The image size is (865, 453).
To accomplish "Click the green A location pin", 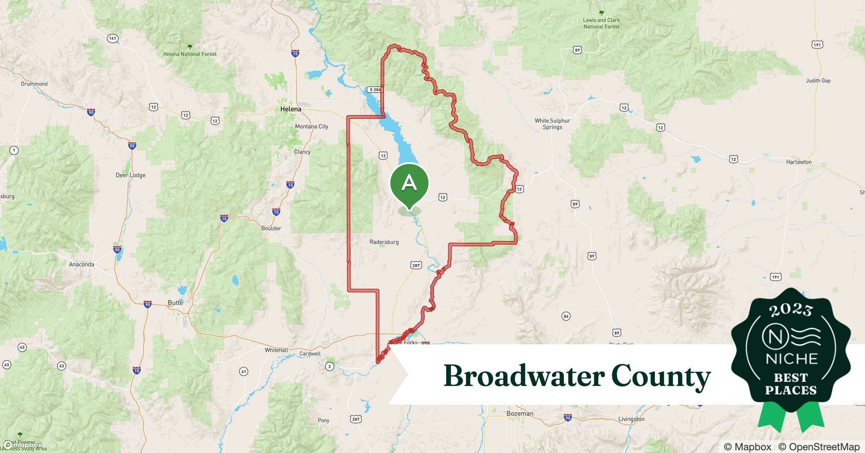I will pyautogui.click(x=409, y=183).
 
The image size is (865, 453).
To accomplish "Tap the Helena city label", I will pyautogui.click(x=290, y=109).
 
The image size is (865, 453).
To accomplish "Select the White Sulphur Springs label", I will pyautogui.click(x=552, y=124).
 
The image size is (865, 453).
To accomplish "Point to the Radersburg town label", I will pyautogui.click(x=384, y=242).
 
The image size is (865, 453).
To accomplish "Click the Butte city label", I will pyautogui.click(x=175, y=303).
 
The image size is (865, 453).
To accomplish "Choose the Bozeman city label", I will pyautogui.click(x=519, y=414).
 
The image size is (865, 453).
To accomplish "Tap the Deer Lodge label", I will pyautogui.click(x=130, y=175).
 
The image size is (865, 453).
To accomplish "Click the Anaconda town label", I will pyautogui.click(x=82, y=264).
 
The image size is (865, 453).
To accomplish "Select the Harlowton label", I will pyautogui.click(x=798, y=162).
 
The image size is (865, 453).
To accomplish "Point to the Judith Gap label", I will pyautogui.click(x=818, y=81).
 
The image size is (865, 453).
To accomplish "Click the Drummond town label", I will pyautogui.click(x=34, y=84).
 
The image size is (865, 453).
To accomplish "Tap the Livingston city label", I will pyautogui.click(x=631, y=419).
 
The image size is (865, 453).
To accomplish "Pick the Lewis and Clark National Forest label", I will pyautogui.click(x=601, y=23).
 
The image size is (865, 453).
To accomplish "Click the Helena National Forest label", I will pyautogui.click(x=190, y=54).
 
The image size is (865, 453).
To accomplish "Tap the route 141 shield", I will pyautogui.click(x=113, y=39).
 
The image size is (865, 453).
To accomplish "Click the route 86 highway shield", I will pyautogui.click(x=566, y=316).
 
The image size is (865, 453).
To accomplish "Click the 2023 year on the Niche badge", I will pyautogui.click(x=791, y=310).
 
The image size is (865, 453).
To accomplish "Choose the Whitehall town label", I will pyautogui.click(x=276, y=350).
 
